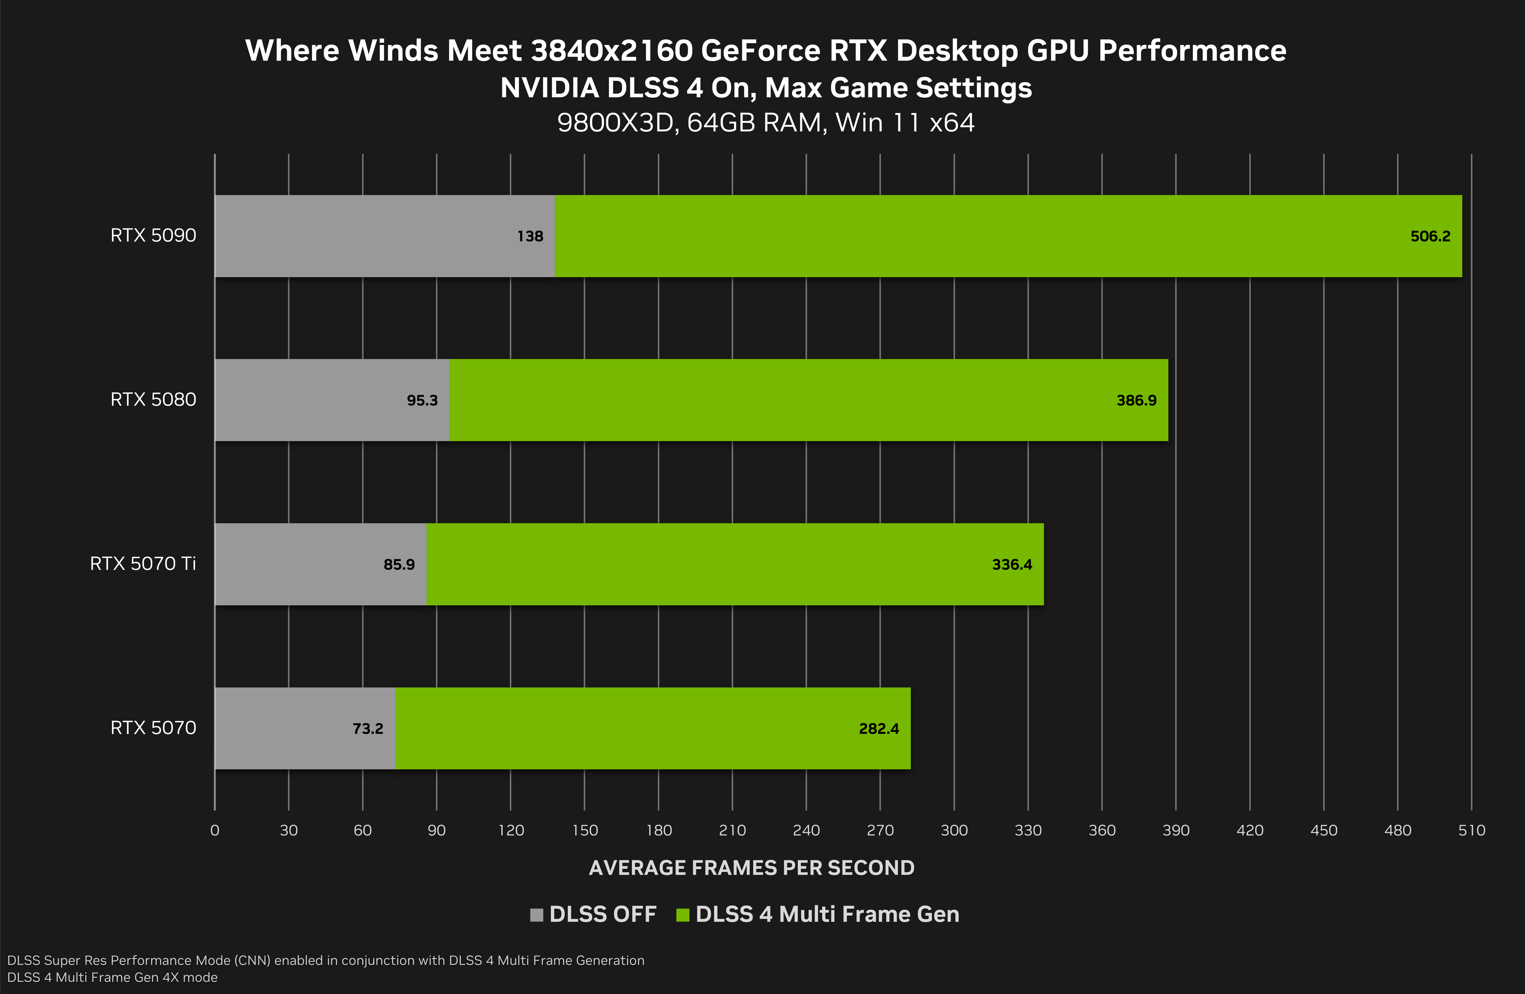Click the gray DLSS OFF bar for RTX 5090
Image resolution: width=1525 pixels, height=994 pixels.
(385, 236)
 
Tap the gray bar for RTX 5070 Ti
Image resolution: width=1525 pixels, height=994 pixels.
(320, 564)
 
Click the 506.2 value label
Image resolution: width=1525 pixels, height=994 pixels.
(1430, 237)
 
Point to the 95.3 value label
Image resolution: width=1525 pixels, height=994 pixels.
(422, 401)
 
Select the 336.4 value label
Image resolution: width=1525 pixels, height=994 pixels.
(1012, 565)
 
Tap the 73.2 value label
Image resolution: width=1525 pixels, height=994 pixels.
(368, 729)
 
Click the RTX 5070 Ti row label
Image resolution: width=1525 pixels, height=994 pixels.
(143, 563)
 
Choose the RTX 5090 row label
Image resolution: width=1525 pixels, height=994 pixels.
(153, 235)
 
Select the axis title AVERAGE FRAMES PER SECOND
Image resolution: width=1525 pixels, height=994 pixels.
(752, 868)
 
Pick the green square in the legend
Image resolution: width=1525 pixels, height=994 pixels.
(682, 915)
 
